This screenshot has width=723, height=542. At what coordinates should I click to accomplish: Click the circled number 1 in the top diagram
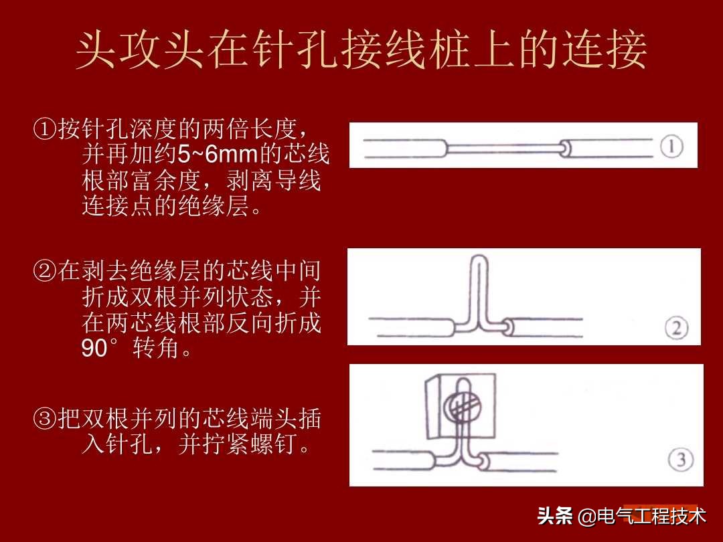pyautogui.click(x=672, y=147)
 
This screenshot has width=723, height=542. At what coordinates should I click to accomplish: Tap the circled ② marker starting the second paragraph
pyautogui.click(x=44, y=272)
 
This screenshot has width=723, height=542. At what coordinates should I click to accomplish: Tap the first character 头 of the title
pyautogui.click(x=97, y=52)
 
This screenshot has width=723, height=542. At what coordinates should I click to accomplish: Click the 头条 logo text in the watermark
pyautogui.click(x=555, y=517)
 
